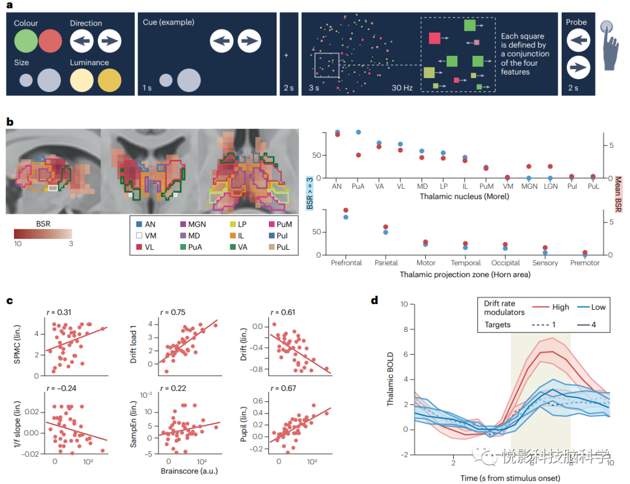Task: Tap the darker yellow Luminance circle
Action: coord(109,80)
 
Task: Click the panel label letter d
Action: coord(374,301)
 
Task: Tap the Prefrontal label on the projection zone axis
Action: coord(346,263)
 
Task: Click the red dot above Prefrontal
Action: coord(346,210)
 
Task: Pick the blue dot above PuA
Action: coord(359,133)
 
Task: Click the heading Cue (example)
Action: coord(169,22)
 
